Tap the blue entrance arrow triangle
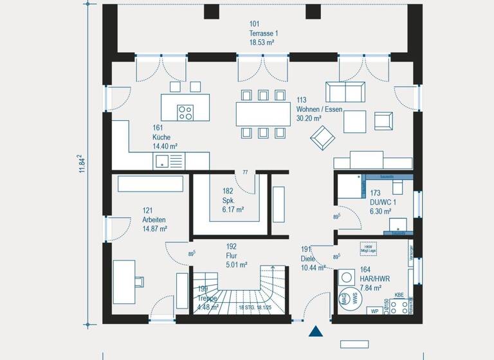coord(316,332)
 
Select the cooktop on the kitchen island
coord(185,112)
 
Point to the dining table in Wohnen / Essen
coord(262,114)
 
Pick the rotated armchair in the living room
coord(322,136)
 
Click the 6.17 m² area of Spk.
coord(233,210)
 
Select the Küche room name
coord(161,137)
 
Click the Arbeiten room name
coord(154,219)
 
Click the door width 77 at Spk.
coord(244,172)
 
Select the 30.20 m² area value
coord(310,118)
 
